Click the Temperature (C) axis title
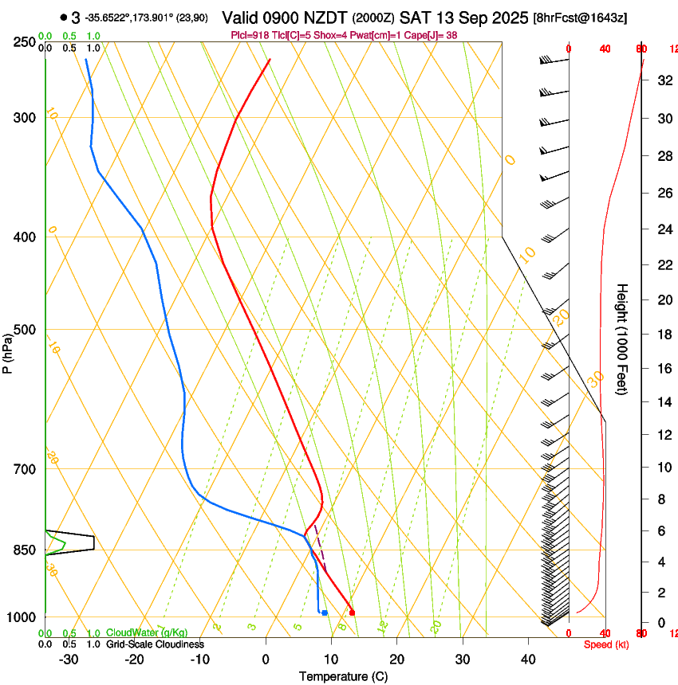[343, 676]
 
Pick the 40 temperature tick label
[527, 659]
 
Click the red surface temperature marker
[352, 613]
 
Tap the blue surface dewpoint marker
[325, 613]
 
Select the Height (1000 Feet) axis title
[622, 339]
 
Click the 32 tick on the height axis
[664, 80]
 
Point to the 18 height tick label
[664, 335]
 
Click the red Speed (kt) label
[606, 644]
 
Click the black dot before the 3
[63, 18]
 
